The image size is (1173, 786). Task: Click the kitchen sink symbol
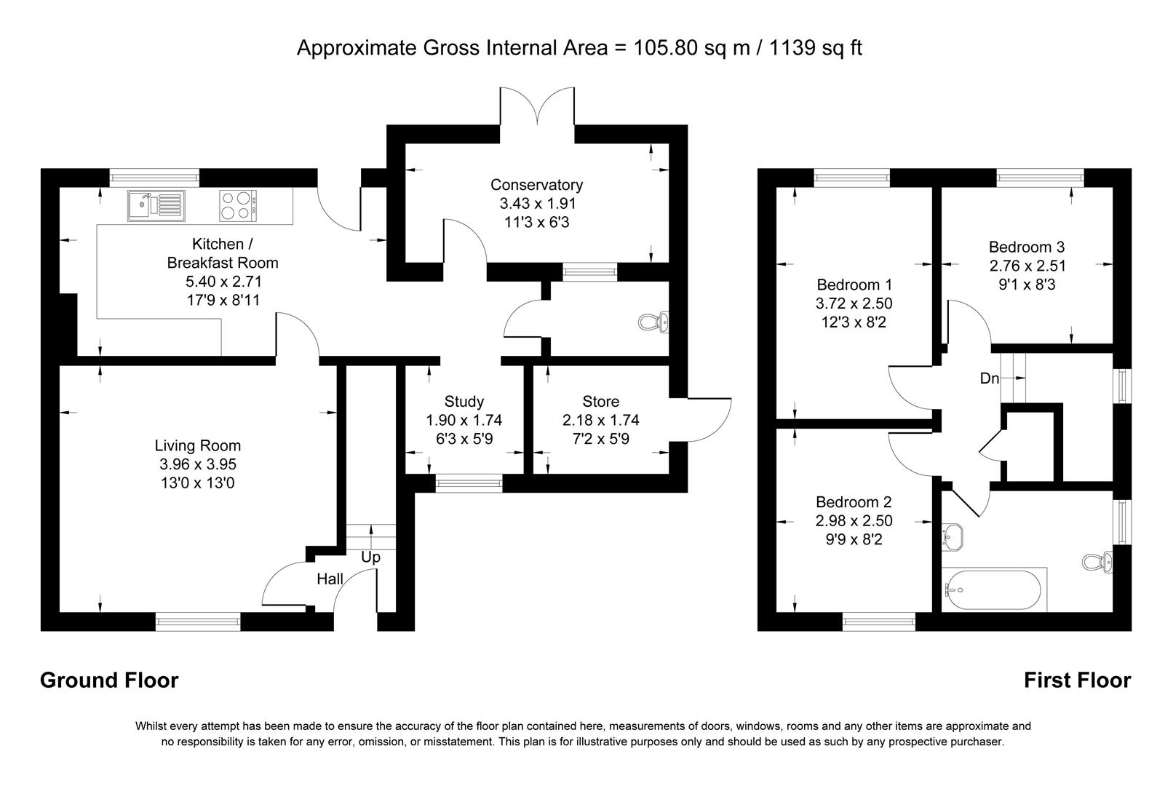[156, 205]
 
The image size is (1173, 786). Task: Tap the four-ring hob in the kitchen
[237, 205]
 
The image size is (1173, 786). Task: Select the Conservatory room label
[536, 185]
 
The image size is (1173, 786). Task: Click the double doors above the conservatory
[538, 108]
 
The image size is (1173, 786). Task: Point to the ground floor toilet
[652, 322]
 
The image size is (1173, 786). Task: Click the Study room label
[464, 401]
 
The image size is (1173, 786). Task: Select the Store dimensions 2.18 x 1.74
[600, 420]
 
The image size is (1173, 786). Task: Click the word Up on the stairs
[370, 557]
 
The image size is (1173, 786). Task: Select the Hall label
[330, 579]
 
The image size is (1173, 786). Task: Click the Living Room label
[197, 445]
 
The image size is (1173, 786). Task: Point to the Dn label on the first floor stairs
[990, 378]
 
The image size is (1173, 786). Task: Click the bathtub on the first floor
[994, 589]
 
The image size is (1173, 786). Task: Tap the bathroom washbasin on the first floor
[953, 536]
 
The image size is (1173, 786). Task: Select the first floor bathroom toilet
[1097, 562]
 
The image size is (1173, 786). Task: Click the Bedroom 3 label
[1026, 247]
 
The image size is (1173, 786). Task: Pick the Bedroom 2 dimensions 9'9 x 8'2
[854, 540]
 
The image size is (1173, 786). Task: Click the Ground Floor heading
[109, 680]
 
